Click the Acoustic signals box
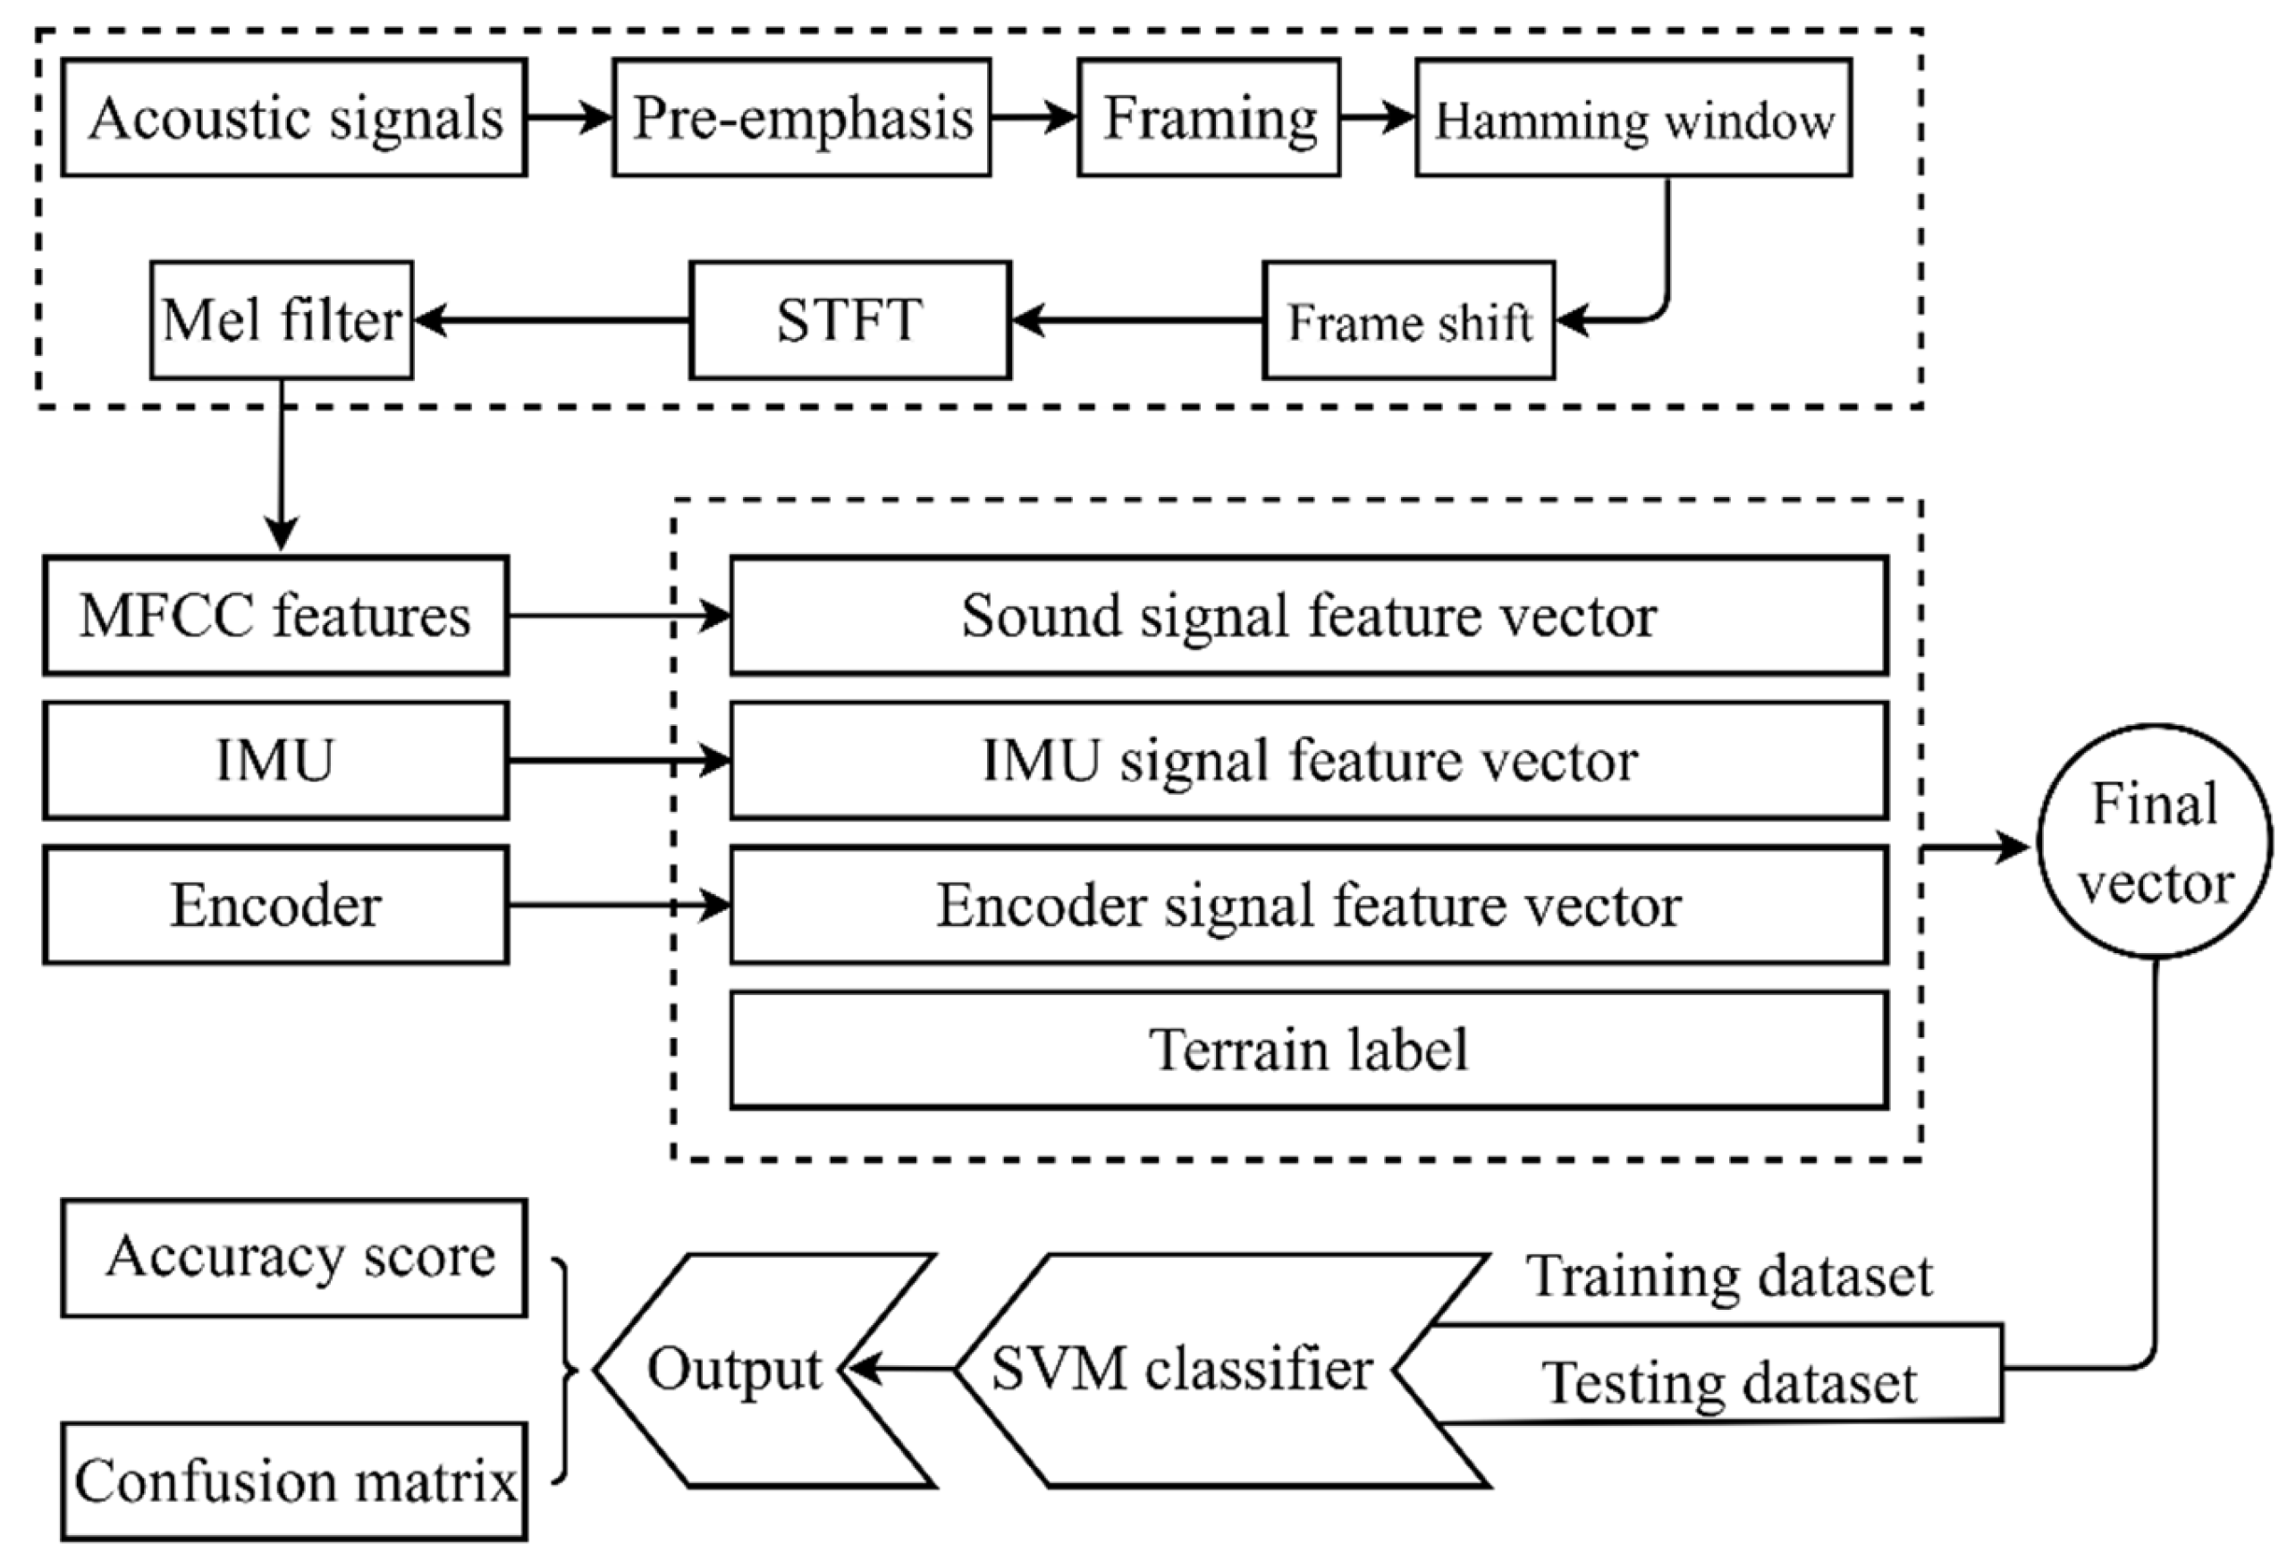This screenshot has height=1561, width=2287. [294, 118]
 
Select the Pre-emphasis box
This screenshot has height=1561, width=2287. [802, 118]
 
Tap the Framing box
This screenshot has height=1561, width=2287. [1209, 118]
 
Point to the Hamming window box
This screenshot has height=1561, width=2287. [1633, 118]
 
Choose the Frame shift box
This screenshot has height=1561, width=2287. [1409, 321]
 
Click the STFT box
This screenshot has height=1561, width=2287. [850, 321]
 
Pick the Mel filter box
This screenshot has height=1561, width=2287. [282, 321]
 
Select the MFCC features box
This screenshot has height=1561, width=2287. [275, 616]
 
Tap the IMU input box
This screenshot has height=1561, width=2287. [275, 761]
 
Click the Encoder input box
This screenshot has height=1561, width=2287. [275, 906]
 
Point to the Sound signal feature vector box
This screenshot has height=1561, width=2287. [1309, 616]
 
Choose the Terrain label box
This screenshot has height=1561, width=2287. [1309, 1051]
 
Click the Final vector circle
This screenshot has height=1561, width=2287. [2156, 842]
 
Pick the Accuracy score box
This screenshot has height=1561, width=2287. [294, 1258]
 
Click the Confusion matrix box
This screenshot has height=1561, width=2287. [294, 1481]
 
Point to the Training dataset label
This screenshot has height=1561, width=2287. [1729, 1277]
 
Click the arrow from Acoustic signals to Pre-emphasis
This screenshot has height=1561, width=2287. [570, 118]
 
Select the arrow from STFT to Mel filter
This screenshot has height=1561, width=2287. [552, 321]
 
